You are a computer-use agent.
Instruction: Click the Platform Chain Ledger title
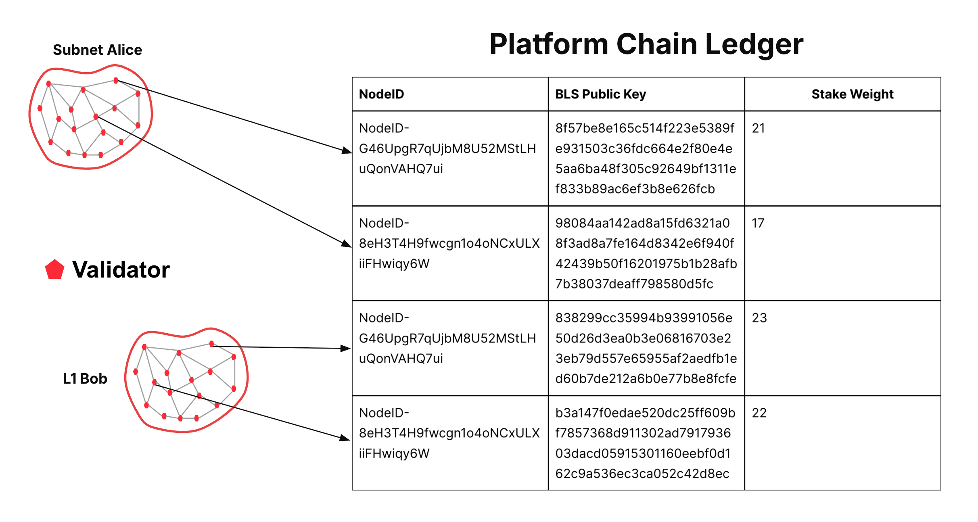(x=646, y=44)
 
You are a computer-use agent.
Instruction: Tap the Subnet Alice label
(x=97, y=50)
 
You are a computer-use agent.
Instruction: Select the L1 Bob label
(x=85, y=379)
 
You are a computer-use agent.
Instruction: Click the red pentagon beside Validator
(x=54, y=269)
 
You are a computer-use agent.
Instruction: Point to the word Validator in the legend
(x=121, y=269)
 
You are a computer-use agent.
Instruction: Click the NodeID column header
(x=381, y=94)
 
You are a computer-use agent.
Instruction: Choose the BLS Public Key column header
(x=600, y=94)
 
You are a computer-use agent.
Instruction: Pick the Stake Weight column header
(x=852, y=94)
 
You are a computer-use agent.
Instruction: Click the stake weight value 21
(x=758, y=128)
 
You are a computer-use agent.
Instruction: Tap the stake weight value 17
(x=758, y=223)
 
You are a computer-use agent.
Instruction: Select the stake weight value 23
(x=759, y=318)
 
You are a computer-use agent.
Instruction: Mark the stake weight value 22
(x=759, y=413)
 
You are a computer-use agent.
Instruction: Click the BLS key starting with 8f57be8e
(x=646, y=159)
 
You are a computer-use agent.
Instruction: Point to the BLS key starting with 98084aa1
(x=646, y=253)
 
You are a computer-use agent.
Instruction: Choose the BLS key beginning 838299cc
(x=646, y=348)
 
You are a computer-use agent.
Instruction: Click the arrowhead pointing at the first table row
(x=347, y=151)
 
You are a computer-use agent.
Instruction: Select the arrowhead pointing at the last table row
(x=345, y=438)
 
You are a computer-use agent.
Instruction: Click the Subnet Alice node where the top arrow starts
(x=116, y=81)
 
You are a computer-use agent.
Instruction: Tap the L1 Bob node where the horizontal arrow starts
(x=211, y=344)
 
